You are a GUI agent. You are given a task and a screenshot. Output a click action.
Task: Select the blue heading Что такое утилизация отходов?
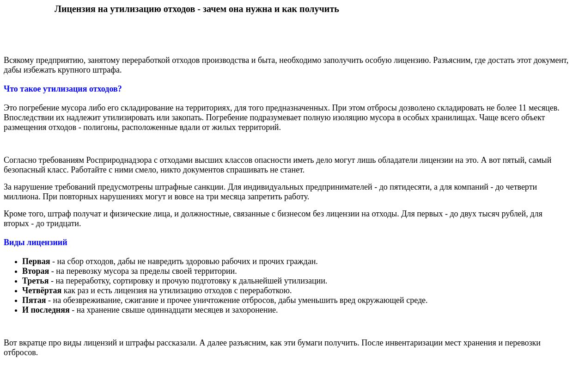[x=63, y=89]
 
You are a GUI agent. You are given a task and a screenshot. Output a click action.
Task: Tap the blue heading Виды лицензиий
[x=36, y=242]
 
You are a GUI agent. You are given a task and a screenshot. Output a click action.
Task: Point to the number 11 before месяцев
[x=523, y=108]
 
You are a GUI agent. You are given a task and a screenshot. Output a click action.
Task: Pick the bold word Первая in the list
[x=36, y=261]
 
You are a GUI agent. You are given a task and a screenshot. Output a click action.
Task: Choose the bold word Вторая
[x=36, y=271]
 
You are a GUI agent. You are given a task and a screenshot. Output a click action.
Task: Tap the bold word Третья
[x=35, y=281]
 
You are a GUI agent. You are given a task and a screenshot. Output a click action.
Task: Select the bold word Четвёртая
[x=42, y=290]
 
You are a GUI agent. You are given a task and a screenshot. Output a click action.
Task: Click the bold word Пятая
[x=34, y=300]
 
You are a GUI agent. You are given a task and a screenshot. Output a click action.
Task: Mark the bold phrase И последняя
[x=46, y=310]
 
